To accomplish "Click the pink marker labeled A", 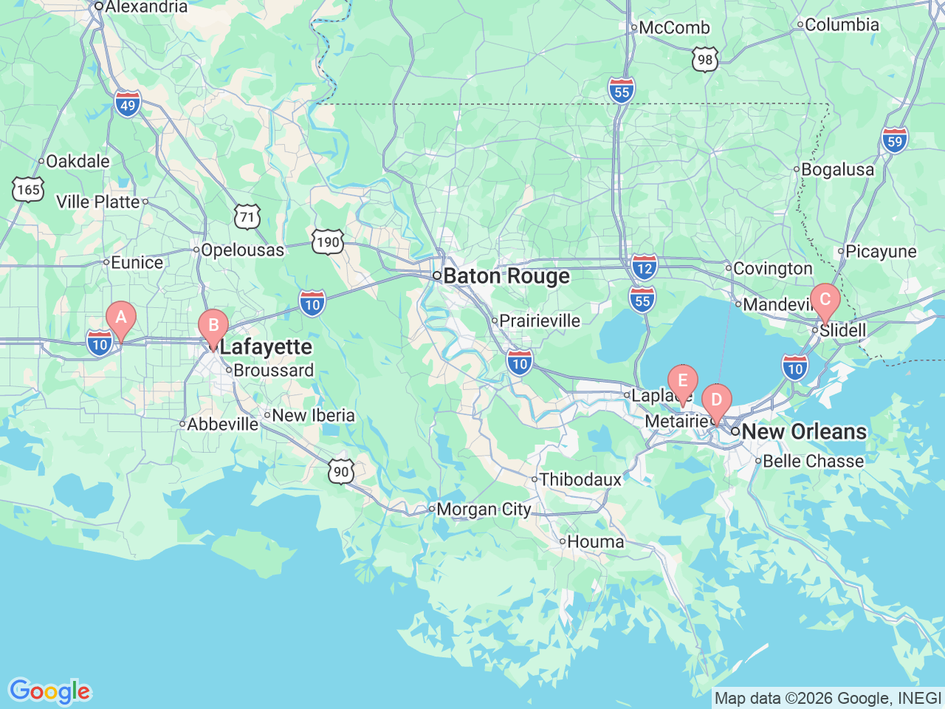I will [121, 319].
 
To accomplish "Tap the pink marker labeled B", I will [213, 326].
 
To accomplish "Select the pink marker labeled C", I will [825, 301].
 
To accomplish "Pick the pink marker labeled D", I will [715, 401].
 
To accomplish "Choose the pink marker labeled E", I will [682, 382].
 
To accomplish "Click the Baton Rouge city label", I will [506, 276].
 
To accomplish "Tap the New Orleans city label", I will [803, 431].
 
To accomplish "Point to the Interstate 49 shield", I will [128, 105].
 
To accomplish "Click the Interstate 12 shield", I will [645, 267].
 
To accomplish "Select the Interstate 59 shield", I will [894, 140].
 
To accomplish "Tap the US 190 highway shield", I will [327, 242].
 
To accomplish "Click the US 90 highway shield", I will [341, 471].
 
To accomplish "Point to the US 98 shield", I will [705, 60].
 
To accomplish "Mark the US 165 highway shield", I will [28, 190].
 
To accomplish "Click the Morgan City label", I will [483, 510].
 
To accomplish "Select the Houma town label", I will [595, 542].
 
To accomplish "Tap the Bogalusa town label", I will [836, 170].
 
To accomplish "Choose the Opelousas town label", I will [241, 250].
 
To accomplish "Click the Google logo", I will [49, 692].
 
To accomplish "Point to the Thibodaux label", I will [580, 480].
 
